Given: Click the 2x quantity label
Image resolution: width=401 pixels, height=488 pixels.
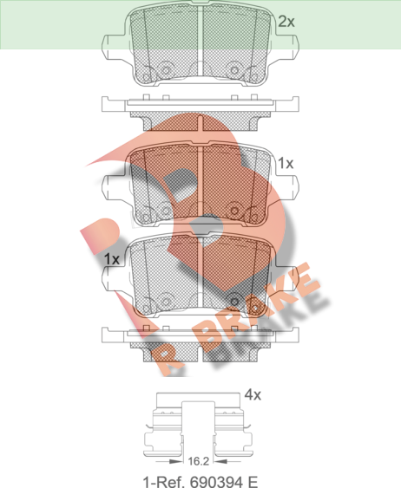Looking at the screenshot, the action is point(286,22).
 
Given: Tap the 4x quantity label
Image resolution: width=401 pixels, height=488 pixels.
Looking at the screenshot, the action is point(253,394).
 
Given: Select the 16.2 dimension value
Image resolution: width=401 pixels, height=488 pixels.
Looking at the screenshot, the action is point(199,461).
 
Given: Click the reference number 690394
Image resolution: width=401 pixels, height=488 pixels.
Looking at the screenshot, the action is point(216,482).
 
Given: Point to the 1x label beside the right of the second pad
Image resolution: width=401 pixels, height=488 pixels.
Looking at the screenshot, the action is point(286,163).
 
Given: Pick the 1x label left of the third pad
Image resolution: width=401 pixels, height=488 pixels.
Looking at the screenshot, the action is point(112,259).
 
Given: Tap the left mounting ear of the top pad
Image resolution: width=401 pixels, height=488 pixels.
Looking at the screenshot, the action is point(114,47).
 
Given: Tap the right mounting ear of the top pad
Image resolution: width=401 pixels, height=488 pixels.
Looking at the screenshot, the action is point(286,47).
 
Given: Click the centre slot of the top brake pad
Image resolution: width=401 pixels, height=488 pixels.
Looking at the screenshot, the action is point(200,41).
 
